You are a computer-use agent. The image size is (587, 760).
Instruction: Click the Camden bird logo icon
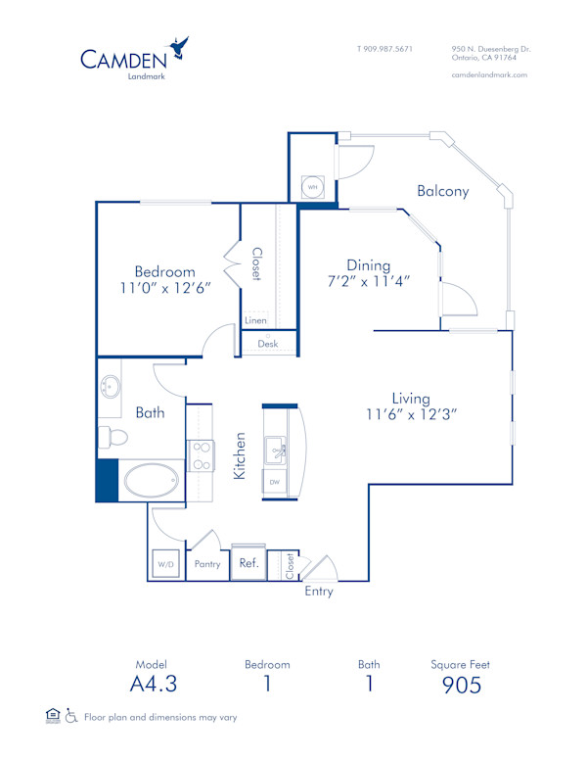tap(178, 47)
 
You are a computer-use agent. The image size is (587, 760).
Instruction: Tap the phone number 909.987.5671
tap(384, 48)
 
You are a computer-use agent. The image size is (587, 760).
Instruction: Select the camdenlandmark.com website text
tap(489, 74)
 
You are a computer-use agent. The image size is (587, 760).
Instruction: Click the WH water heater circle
tap(313, 186)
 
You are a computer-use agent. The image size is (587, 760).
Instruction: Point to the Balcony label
tap(442, 191)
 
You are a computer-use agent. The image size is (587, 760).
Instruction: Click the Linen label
tap(254, 320)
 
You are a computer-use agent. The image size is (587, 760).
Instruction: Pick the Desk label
tap(268, 344)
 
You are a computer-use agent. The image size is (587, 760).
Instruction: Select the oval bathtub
tap(151, 481)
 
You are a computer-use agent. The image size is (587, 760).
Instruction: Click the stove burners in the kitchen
tap(200, 455)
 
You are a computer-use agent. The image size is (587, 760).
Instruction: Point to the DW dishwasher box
tap(274, 483)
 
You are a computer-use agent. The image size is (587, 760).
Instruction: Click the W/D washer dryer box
tap(162, 564)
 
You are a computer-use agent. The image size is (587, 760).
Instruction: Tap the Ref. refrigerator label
tap(248, 564)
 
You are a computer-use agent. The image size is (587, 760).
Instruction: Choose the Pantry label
tap(208, 564)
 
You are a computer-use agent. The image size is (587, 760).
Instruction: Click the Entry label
tap(319, 592)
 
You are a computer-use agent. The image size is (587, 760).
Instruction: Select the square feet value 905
tap(461, 685)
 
